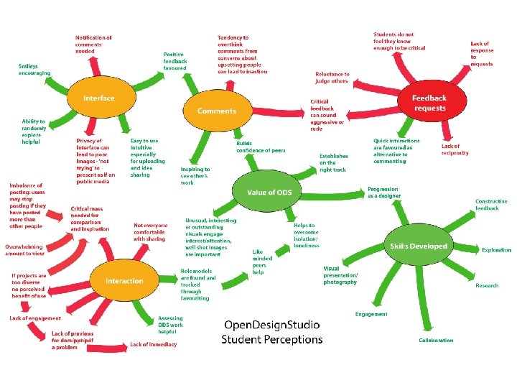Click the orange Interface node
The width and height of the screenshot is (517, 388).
coord(99,98)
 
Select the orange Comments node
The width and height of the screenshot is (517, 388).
coord(216,111)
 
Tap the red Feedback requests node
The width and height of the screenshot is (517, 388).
coord(429,103)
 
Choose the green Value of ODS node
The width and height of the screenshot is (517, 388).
coord(269,192)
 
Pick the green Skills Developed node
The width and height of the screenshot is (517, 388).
coord(418,246)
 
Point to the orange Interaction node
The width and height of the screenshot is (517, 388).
coord(124,281)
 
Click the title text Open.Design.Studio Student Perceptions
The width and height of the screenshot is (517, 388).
coord(272,332)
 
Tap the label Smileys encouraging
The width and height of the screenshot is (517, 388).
coord(34,69)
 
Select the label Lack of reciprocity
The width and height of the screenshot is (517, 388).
coord(455,149)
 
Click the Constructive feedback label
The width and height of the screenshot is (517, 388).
coord(491,205)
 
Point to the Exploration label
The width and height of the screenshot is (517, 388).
coord(496,250)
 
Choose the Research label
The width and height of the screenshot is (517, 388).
coord(487,285)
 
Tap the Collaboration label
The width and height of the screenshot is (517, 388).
coord(436,340)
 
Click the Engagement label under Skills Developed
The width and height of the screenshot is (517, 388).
coord(371,314)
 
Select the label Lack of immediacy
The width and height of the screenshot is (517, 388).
coord(153,344)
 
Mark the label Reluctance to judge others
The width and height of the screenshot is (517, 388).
coord(332,77)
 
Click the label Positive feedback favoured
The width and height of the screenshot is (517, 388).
coord(175,61)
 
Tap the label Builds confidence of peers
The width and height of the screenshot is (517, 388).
coord(261,147)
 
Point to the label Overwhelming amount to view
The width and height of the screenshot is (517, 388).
coord(25,249)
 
